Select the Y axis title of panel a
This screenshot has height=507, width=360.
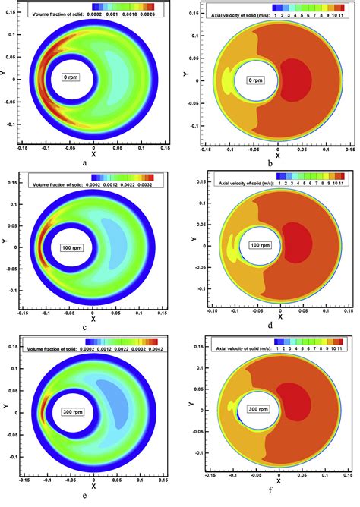[x=6, y=74]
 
